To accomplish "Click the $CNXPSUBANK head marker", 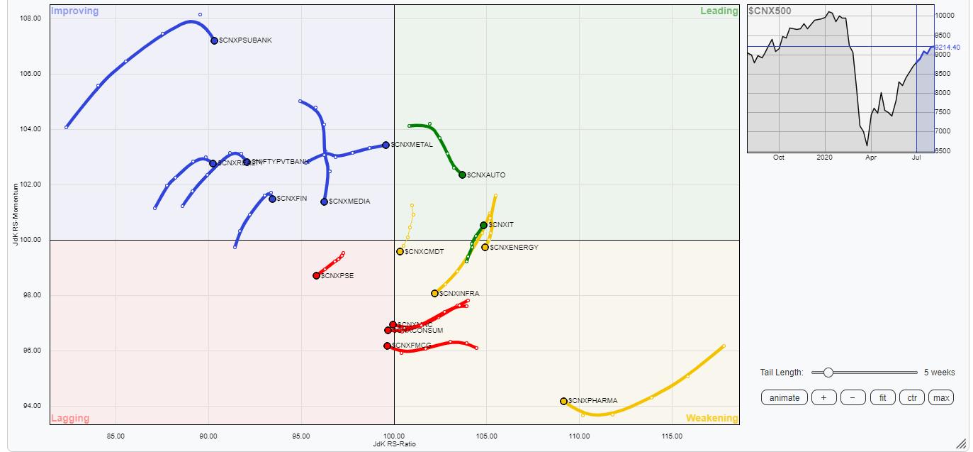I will pyautogui.click(x=214, y=40).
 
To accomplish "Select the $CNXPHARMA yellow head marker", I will pyautogui.click(x=563, y=401).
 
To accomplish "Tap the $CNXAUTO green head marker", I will pyautogui.click(x=462, y=175).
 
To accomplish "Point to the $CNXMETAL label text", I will pyautogui.click(x=412, y=145).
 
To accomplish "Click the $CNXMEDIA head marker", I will pyautogui.click(x=324, y=202).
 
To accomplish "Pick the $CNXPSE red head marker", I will pyautogui.click(x=316, y=275).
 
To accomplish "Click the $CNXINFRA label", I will pyautogui.click(x=459, y=293).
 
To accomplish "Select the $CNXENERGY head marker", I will pyautogui.click(x=485, y=247).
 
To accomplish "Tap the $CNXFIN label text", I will pyautogui.click(x=292, y=198).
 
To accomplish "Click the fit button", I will pyautogui.click(x=882, y=397).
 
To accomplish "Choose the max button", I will pyautogui.click(x=941, y=397).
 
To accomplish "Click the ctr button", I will pyautogui.click(x=911, y=397).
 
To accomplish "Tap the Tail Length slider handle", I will pyautogui.click(x=828, y=373).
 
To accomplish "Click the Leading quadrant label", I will pyautogui.click(x=719, y=11).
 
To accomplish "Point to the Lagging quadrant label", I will pyautogui.click(x=70, y=419).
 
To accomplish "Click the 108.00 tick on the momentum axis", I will pyautogui.click(x=29, y=18).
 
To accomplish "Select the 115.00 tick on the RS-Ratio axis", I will pyautogui.click(x=672, y=436).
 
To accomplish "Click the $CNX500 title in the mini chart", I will pyautogui.click(x=770, y=11).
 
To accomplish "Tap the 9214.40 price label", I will pyautogui.click(x=947, y=47).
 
